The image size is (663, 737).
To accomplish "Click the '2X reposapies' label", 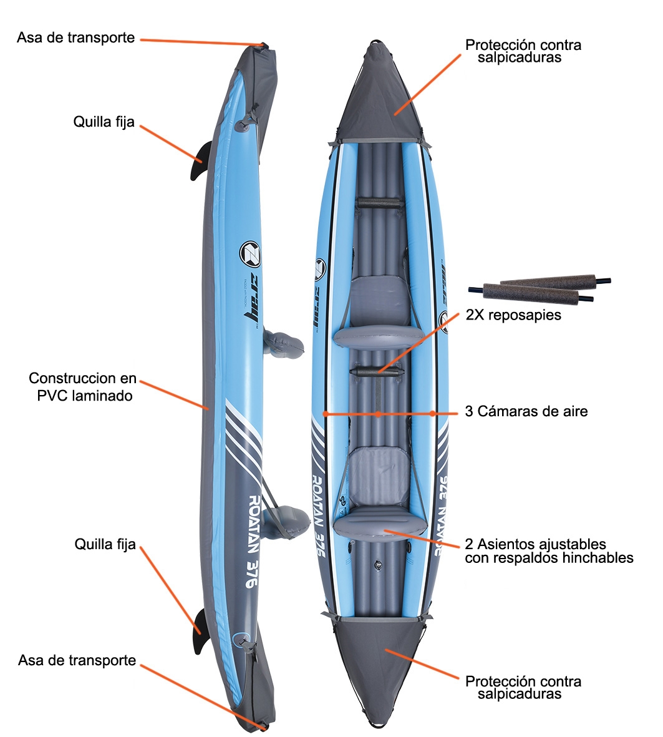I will click(513, 315).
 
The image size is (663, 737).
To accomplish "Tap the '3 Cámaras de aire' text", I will click(526, 412).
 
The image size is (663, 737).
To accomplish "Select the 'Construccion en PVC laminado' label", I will click(82, 387).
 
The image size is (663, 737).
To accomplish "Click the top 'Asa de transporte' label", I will click(75, 37).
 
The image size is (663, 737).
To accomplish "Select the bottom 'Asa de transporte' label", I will click(77, 660).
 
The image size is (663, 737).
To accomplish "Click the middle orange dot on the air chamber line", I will click(378, 413).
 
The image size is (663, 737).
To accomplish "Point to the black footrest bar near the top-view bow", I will click(379, 203).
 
